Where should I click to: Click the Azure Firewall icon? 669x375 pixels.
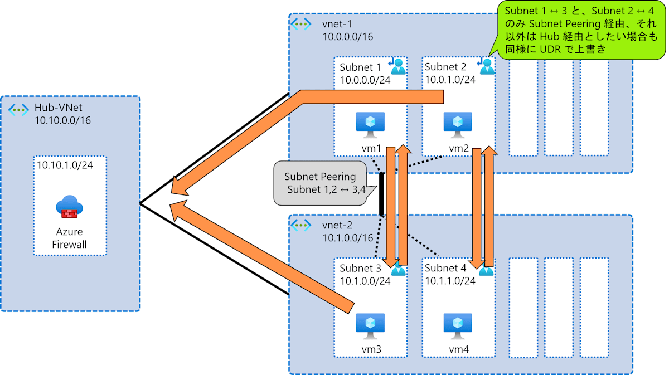point(70,207)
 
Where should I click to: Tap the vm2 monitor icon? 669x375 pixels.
point(457,124)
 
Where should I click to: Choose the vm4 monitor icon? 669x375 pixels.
point(457,325)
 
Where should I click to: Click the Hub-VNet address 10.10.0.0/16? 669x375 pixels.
point(62,120)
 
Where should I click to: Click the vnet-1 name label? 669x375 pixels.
point(337,24)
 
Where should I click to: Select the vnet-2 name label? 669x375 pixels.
point(337,226)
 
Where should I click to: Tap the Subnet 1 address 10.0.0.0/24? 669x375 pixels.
point(365,80)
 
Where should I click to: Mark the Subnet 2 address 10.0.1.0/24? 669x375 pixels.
point(450,80)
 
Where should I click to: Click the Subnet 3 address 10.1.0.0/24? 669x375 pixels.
point(365,281)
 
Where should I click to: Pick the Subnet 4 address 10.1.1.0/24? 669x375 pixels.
point(450,281)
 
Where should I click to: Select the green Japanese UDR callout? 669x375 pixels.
point(580,29)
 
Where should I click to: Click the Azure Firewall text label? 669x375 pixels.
point(70,238)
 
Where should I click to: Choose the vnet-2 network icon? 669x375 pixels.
point(301,226)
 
